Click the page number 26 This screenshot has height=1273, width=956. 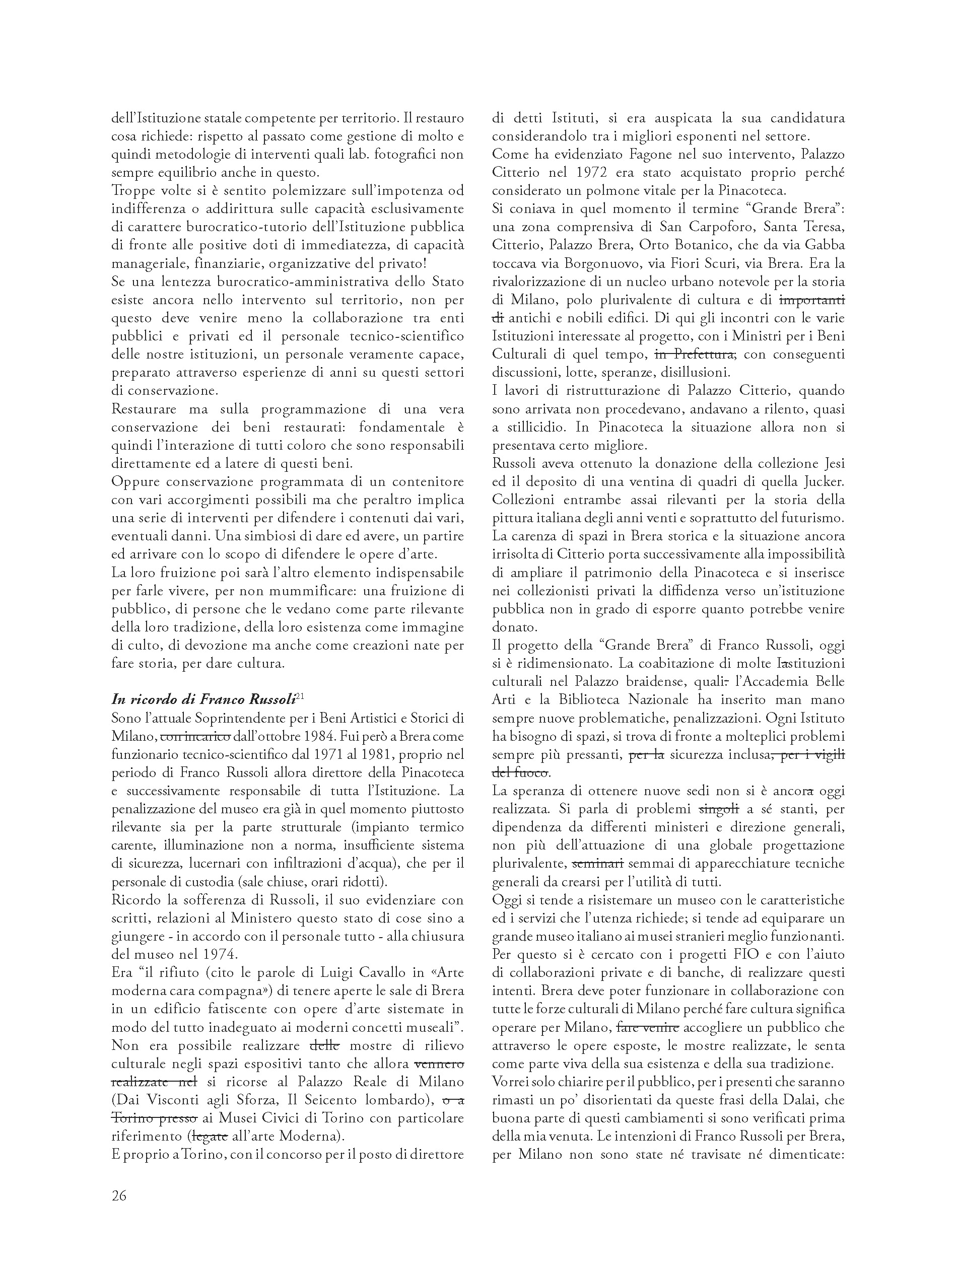point(119,1196)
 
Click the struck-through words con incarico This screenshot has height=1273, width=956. point(195,737)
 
